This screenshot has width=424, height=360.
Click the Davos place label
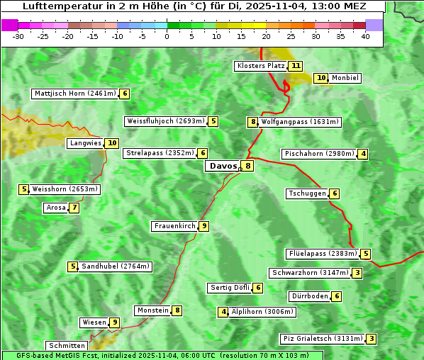point(223,167)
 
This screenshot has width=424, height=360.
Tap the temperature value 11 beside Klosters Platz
point(296,66)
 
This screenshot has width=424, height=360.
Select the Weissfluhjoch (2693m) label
point(165,121)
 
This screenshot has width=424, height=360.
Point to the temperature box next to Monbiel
point(321,78)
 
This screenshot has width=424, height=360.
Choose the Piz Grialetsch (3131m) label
point(323,339)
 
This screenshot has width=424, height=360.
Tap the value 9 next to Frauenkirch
point(203,226)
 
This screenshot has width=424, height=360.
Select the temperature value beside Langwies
point(112,143)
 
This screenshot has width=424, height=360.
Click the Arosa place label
point(55,208)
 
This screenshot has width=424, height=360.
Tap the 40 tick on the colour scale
point(365,36)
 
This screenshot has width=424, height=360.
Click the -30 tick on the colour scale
point(18,36)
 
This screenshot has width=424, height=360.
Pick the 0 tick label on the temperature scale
point(167,36)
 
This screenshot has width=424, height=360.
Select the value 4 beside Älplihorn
point(223,312)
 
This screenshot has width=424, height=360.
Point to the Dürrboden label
point(309,296)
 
